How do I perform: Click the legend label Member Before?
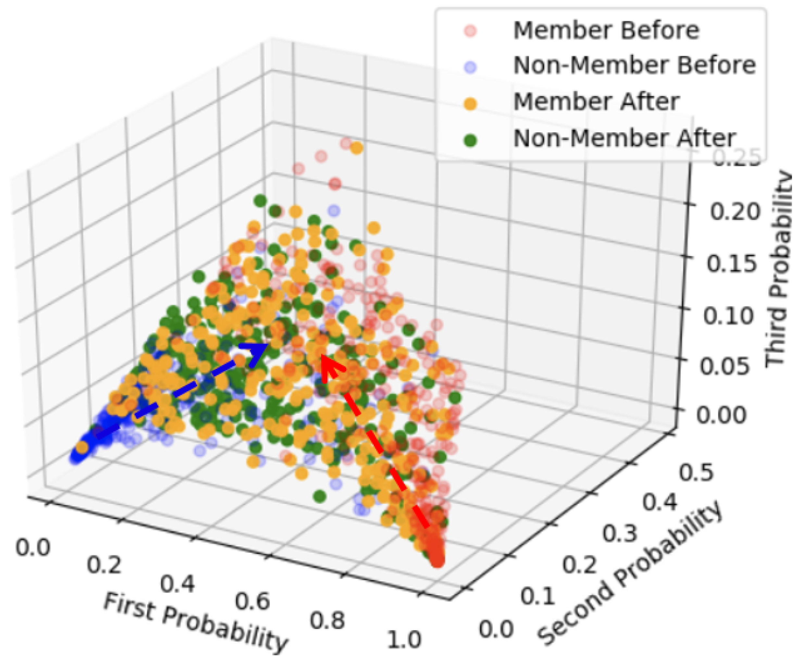click(606, 31)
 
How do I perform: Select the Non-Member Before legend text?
click(634, 66)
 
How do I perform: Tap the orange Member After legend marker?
click(471, 103)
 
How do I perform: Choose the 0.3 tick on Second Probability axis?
click(620, 533)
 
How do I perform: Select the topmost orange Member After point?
click(357, 148)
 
